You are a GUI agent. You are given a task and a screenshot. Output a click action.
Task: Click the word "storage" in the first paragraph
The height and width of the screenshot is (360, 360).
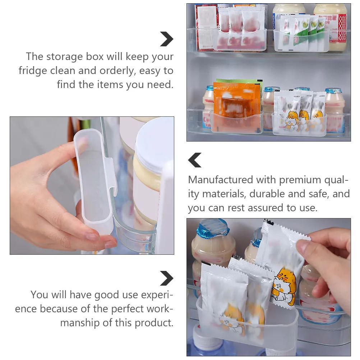64,57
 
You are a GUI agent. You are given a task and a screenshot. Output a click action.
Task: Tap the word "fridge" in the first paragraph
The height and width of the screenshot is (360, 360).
33,71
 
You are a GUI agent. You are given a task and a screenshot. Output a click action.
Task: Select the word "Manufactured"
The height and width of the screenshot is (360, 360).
220,180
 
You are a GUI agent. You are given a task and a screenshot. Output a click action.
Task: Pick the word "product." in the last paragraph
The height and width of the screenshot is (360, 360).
154,323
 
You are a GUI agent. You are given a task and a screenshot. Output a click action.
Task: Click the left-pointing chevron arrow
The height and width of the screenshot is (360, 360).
195,160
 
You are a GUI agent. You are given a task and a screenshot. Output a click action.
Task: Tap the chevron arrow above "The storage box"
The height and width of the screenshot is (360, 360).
167,39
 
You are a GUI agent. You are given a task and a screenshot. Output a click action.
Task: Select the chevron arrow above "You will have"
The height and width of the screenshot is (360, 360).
167,278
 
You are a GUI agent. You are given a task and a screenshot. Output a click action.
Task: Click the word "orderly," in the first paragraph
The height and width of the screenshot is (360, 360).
117,71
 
